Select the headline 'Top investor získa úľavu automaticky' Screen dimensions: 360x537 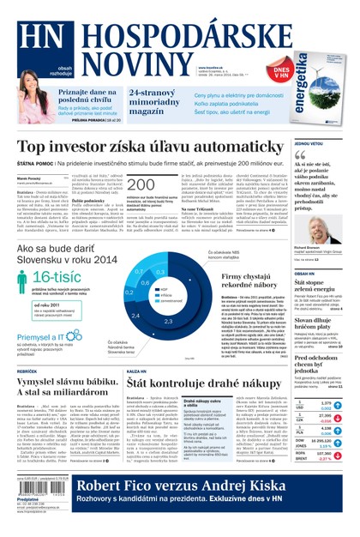click(x=153, y=147)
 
